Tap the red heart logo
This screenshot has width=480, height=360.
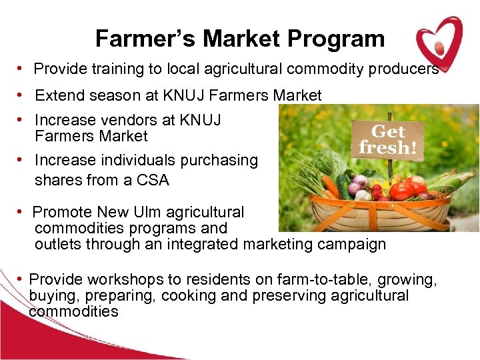(438, 41)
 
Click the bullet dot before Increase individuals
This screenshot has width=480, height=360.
(22, 160)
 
